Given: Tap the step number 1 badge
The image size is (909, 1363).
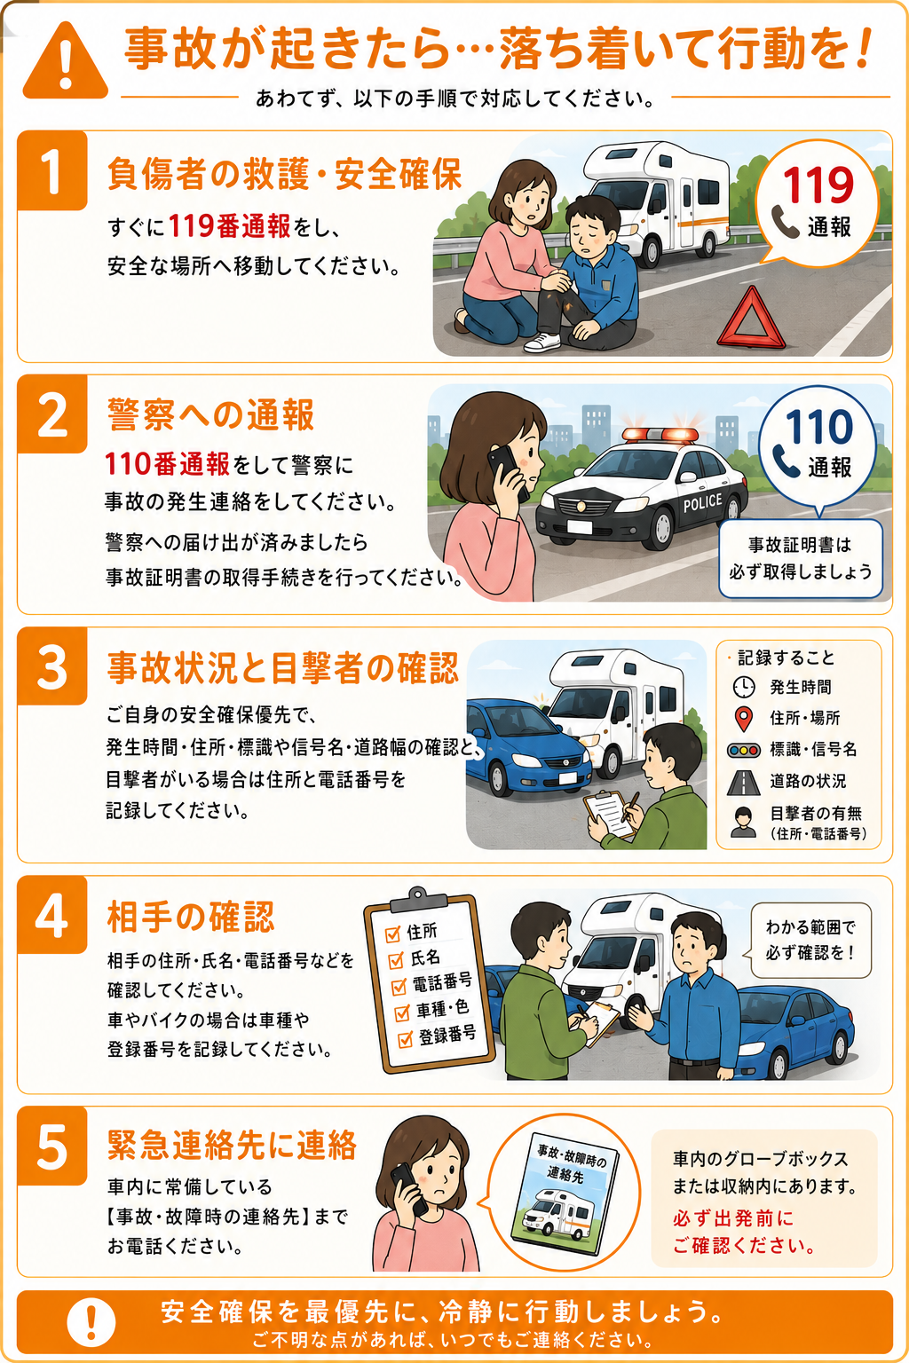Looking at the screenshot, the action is [52, 171].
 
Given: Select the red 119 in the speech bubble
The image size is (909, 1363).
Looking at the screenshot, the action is [818, 185].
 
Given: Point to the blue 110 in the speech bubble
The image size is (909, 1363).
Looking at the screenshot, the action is [818, 427].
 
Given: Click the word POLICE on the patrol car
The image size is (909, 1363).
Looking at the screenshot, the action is [702, 502].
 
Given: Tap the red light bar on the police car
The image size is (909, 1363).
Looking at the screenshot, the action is [660, 435].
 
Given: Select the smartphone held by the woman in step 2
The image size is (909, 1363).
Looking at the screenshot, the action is [508, 471].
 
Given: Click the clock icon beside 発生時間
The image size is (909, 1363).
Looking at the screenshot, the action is [743, 687].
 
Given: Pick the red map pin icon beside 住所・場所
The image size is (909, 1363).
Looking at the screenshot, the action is [743, 719].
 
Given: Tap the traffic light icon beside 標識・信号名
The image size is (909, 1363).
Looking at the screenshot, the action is [743, 750].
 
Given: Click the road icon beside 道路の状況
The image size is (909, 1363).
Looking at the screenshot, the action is [743, 783].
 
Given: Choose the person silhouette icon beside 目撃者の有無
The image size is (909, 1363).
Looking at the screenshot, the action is [743, 822].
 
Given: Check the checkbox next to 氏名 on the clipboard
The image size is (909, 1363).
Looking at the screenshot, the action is [396, 960].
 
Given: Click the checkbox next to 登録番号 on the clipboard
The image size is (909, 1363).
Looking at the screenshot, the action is [405, 1040].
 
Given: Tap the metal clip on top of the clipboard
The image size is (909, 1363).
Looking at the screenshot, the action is [418, 900].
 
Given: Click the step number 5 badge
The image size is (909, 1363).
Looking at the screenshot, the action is [52, 1146].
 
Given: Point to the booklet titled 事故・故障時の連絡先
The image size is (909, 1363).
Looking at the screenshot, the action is [565, 1194].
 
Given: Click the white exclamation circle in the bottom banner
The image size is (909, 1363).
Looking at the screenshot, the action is [91, 1321].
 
